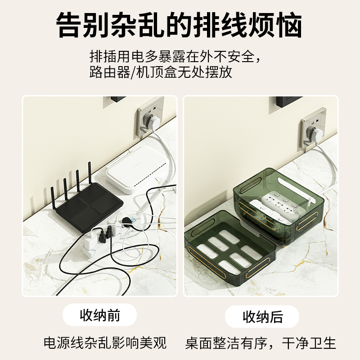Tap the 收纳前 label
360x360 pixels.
pyautogui.click(x=100, y=315)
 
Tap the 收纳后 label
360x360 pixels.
pyautogui.click(x=262, y=316)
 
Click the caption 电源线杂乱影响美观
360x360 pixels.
pyautogui.click(x=105, y=343)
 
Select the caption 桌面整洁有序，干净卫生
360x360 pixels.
pyautogui.click(x=261, y=343)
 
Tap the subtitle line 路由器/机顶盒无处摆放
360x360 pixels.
pyautogui.click(x=161, y=72)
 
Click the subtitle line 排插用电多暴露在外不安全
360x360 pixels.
pyautogui.click(x=175, y=57)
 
